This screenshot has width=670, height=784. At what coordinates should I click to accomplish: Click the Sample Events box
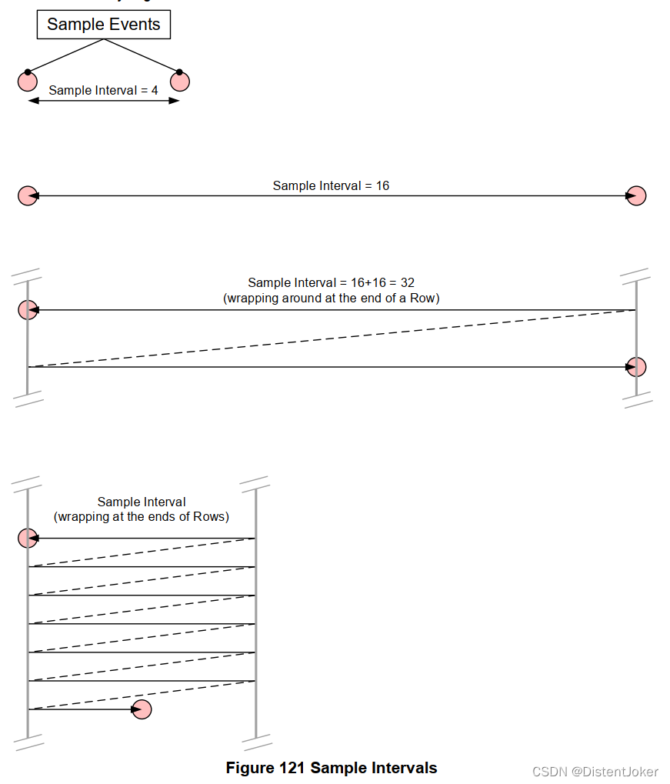(x=104, y=25)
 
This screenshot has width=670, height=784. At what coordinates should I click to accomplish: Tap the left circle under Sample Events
(x=28, y=81)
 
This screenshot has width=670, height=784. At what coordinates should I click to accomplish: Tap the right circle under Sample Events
(x=180, y=81)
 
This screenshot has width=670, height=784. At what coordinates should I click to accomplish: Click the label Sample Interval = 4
(x=103, y=90)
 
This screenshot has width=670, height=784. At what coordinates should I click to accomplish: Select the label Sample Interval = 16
(x=331, y=185)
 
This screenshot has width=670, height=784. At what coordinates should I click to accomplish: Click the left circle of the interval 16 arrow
(x=28, y=196)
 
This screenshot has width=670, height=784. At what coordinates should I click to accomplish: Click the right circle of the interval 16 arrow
(x=636, y=196)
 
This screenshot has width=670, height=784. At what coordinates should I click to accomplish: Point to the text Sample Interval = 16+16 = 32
(x=331, y=283)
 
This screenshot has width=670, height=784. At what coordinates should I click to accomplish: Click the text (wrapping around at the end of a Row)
(x=331, y=298)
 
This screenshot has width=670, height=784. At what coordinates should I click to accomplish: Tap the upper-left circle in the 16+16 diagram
(x=28, y=310)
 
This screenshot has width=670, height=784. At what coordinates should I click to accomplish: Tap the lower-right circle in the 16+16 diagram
(x=636, y=367)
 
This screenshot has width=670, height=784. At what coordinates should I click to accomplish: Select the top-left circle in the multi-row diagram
(x=28, y=539)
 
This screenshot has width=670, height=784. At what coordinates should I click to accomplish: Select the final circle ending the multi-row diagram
(x=142, y=709)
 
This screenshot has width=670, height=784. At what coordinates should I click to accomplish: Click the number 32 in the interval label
(x=407, y=283)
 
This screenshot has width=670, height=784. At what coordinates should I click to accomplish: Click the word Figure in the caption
(x=250, y=768)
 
